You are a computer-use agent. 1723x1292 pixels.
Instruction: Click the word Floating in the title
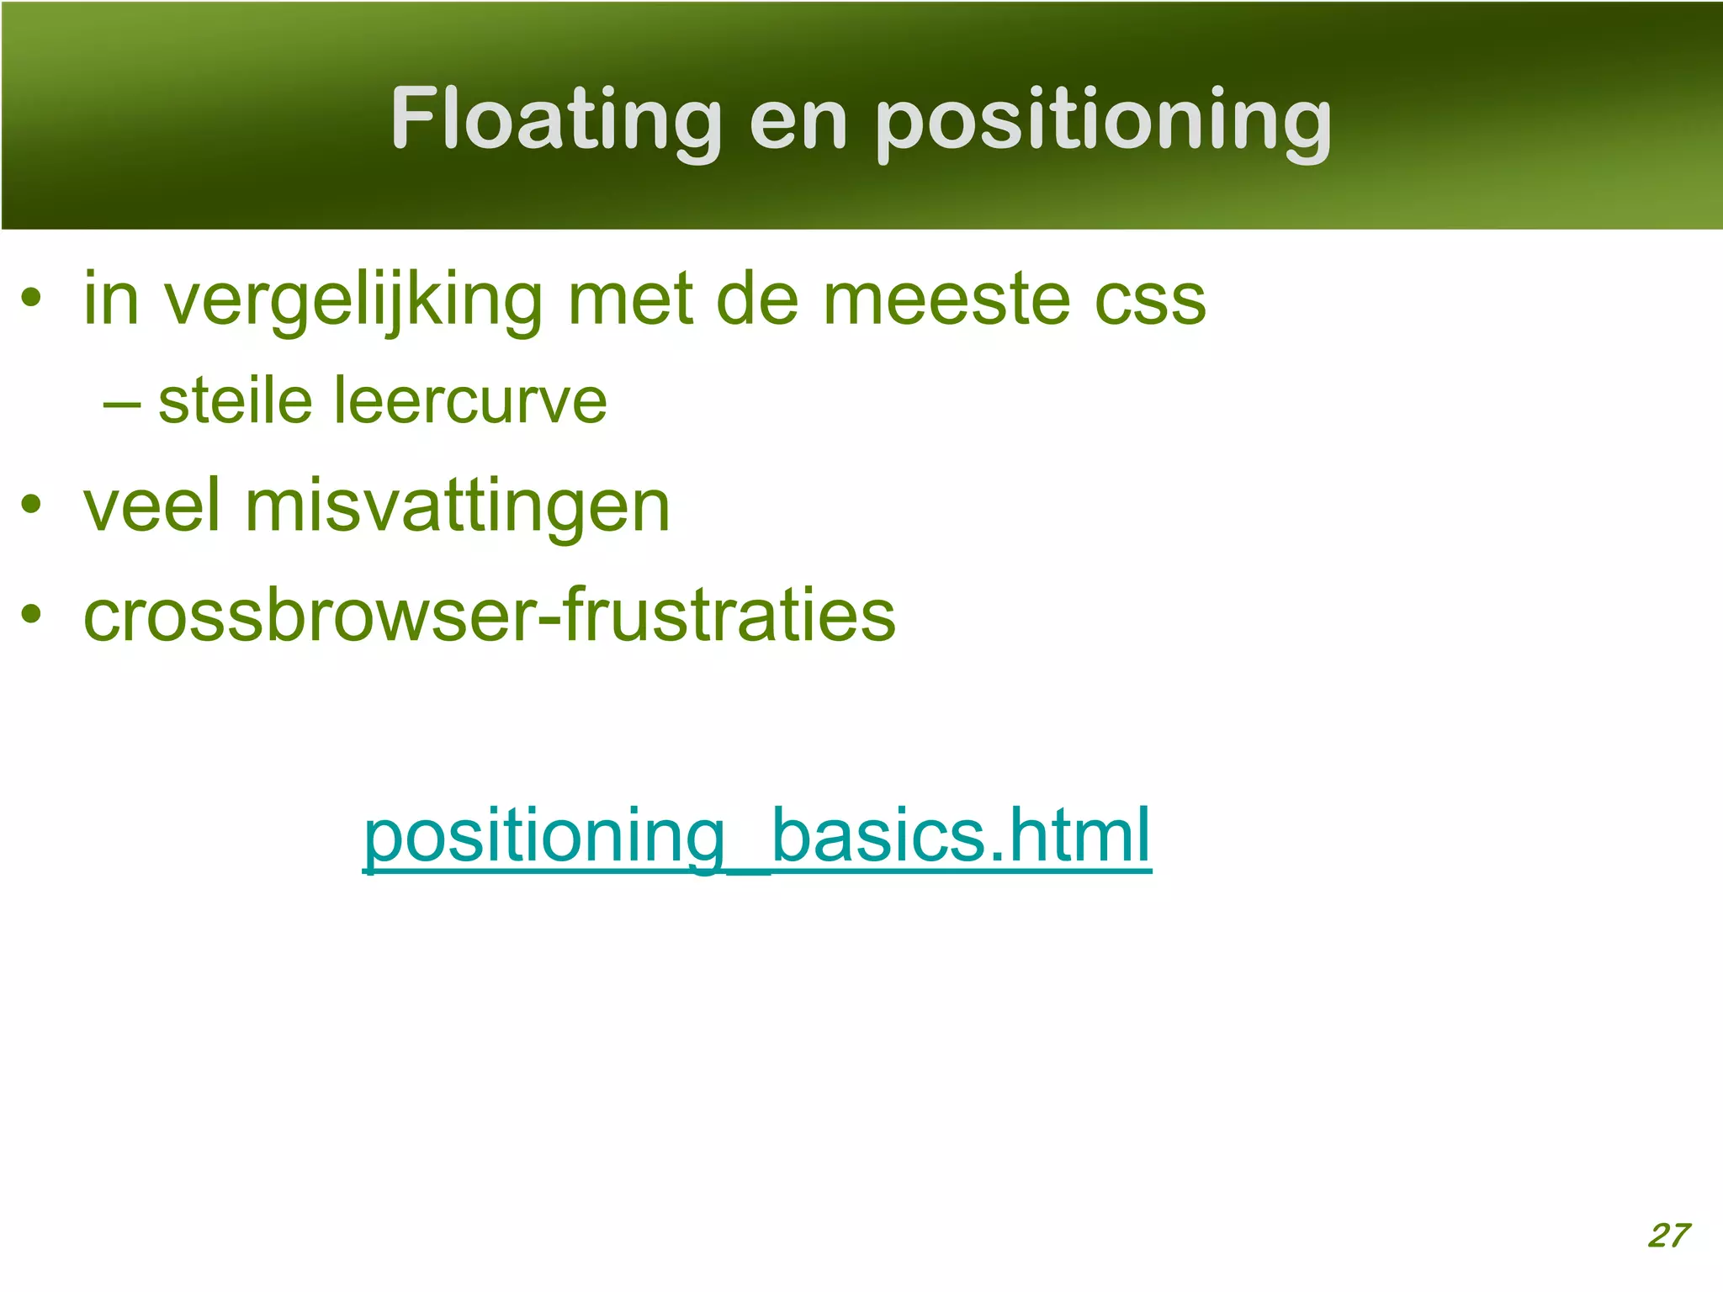click(x=556, y=119)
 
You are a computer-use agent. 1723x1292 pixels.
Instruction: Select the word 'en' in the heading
click(x=797, y=123)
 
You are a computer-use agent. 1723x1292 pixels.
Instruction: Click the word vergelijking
click(x=353, y=301)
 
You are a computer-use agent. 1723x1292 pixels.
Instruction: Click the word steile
click(x=236, y=400)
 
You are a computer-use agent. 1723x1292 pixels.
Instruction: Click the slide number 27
click(x=1668, y=1235)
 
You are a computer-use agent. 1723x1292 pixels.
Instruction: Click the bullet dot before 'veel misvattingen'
click(x=32, y=505)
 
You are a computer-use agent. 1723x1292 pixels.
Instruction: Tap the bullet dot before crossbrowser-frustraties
click(x=32, y=613)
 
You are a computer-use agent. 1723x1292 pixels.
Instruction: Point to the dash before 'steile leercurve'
click(x=121, y=405)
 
